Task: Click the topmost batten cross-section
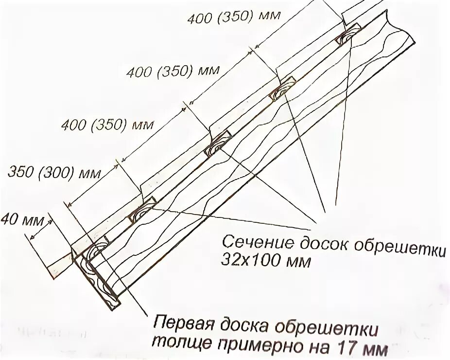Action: tap(349, 36)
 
